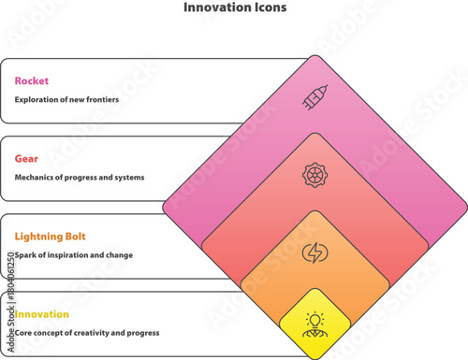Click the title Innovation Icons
(234, 7)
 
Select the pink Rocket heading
(31, 80)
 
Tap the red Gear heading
(26, 159)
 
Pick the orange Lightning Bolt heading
(50, 237)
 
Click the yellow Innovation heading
(41, 314)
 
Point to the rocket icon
(314, 97)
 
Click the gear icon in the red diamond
(314, 175)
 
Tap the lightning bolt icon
(314, 252)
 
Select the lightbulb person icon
(314, 324)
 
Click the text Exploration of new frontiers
(66, 99)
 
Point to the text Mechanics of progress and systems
(80, 178)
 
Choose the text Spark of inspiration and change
(74, 255)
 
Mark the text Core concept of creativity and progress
(87, 333)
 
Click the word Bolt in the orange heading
(74, 237)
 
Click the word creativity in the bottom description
(95, 333)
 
